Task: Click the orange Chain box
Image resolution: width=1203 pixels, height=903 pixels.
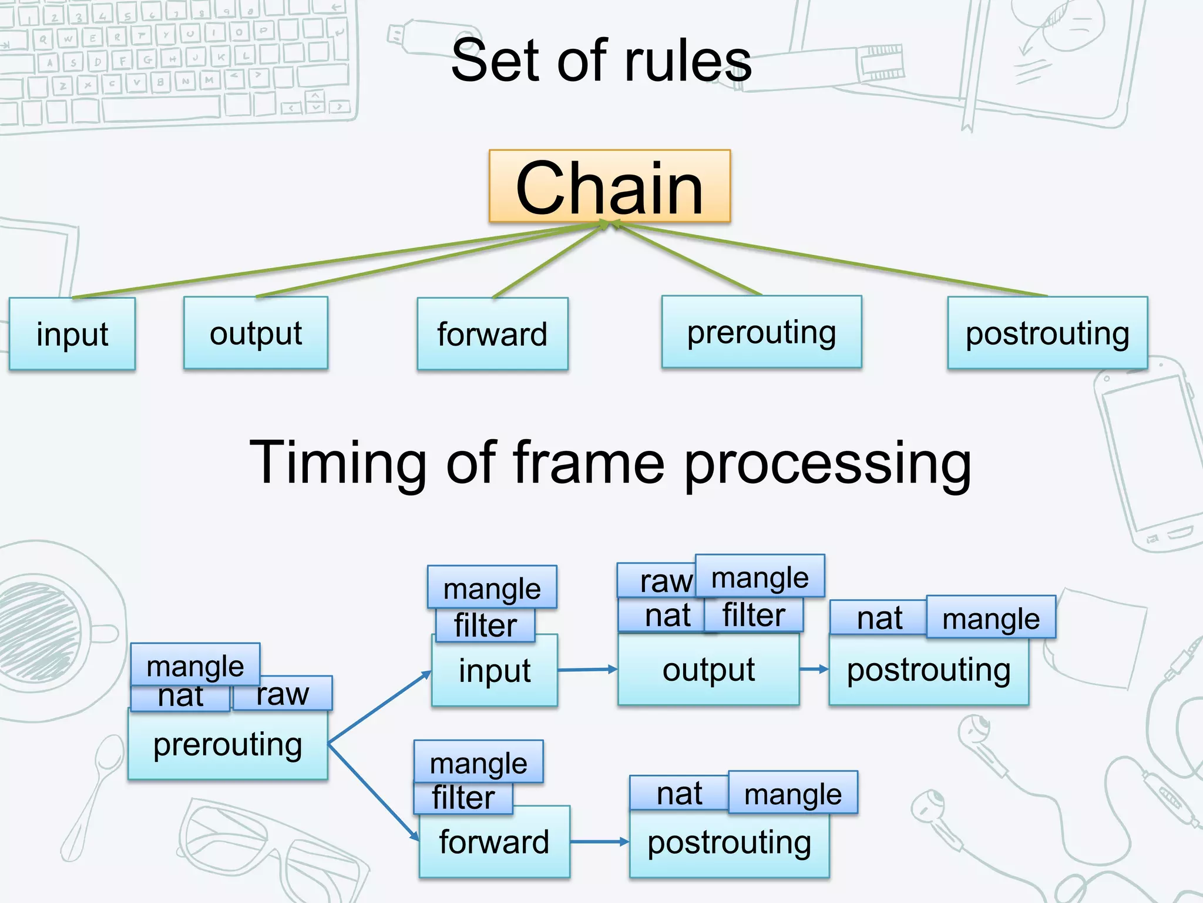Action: (609, 186)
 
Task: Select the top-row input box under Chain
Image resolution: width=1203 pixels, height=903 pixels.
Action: (72, 334)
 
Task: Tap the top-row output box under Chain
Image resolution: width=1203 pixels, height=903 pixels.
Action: (256, 333)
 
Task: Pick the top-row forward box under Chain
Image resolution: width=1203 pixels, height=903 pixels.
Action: (492, 334)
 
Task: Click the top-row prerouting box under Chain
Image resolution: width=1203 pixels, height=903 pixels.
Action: (761, 332)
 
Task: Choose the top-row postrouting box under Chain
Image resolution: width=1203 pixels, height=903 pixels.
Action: (1047, 333)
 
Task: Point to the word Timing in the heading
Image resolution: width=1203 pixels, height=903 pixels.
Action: (337, 463)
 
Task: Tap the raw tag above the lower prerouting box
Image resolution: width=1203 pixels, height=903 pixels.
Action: (283, 694)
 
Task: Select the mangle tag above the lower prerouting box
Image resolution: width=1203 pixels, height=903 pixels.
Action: (195, 665)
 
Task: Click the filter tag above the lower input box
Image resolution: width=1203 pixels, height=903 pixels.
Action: (485, 626)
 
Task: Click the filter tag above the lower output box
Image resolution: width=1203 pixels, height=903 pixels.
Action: (754, 616)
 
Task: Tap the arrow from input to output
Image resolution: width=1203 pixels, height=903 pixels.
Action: (587, 669)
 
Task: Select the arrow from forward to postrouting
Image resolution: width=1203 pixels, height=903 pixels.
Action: (599, 842)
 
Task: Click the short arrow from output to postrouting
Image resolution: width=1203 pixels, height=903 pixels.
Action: (814, 669)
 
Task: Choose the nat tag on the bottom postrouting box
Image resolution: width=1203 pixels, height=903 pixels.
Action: (679, 794)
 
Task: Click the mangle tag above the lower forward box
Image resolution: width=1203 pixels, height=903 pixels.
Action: (478, 762)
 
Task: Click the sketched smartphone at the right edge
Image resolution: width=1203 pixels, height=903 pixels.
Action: (1145, 459)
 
